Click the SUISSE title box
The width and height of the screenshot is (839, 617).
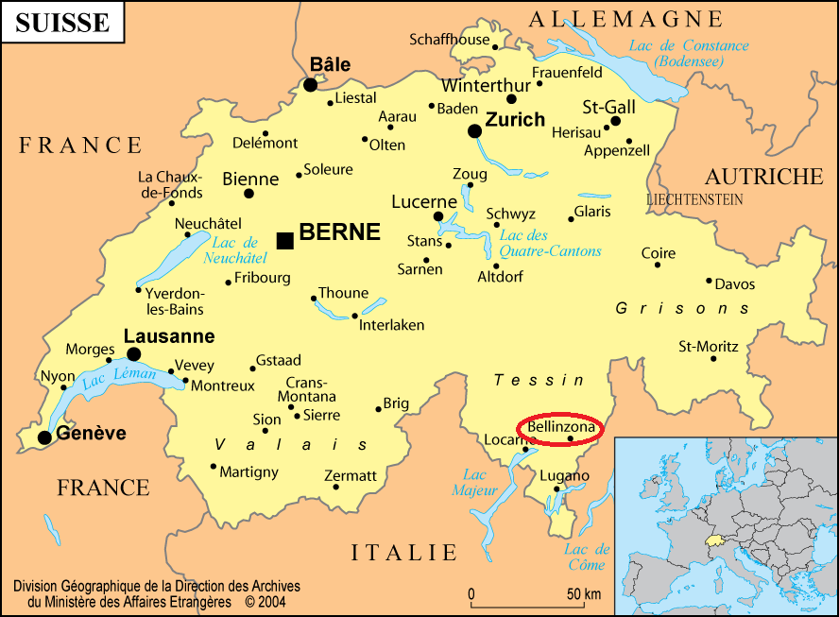62,23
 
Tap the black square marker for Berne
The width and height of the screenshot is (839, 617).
284,241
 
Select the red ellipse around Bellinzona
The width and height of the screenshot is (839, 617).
562,428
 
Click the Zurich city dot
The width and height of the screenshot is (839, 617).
474,131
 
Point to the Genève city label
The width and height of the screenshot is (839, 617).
92,434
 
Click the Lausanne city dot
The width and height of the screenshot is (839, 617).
133,354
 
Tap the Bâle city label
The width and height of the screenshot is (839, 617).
330,65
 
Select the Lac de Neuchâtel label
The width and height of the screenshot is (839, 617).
235,250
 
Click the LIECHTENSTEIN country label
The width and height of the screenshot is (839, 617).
694,200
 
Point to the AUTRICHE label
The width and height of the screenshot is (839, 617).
763,177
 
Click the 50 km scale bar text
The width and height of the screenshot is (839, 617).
583,594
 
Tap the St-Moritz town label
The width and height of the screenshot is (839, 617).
709,347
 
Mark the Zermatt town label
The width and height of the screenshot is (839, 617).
350,475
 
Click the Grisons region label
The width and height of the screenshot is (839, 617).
682,309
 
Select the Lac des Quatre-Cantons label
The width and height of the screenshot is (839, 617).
550,244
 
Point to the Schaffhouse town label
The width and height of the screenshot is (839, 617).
449,40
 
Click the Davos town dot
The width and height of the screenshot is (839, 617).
709,281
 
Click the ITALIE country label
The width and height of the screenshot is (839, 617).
404,554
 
